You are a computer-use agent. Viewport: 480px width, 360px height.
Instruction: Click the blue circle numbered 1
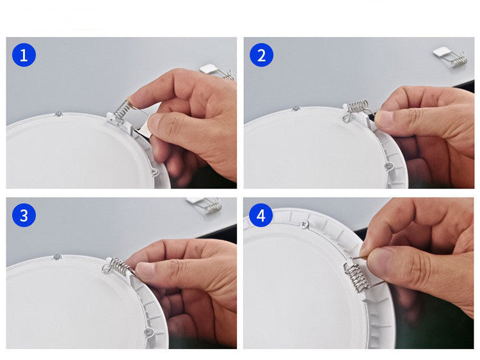point(24,55)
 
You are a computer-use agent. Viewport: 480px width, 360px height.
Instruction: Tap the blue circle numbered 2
point(261,55)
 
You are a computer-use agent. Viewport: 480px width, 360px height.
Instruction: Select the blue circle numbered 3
point(24,215)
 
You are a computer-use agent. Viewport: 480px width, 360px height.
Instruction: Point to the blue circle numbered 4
point(260,215)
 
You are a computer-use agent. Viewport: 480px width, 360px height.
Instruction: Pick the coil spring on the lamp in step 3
point(116,265)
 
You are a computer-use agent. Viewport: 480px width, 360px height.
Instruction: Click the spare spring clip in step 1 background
point(216,71)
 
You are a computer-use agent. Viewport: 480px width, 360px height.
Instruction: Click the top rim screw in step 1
point(58,114)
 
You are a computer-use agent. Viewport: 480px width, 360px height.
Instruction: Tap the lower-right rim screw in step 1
point(154,171)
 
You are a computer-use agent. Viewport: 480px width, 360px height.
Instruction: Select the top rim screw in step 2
point(295,108)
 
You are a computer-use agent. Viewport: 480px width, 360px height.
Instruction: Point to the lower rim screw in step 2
point(388,166)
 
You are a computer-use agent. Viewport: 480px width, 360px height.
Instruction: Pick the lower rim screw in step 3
point(148,332)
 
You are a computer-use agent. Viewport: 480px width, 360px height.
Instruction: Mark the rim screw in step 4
point(305,224)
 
